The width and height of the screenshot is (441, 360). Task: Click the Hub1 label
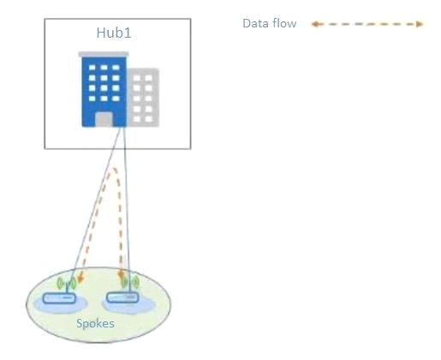(x=114, y=33)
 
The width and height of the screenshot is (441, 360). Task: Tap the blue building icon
(x=104, y=89)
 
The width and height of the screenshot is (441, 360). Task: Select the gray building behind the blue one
(x=143, y=97)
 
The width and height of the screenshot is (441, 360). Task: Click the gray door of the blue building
(x=104, y=119)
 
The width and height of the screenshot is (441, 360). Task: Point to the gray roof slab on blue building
(x=104, y=54)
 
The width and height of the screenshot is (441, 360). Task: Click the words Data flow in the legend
(x=270, y=23)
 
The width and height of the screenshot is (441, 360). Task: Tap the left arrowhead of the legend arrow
(x=315, y=24)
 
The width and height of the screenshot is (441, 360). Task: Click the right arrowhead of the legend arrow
(x=419, y=24)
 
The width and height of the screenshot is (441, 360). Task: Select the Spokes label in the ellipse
(x=95, y=323)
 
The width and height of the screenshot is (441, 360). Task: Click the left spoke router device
(x=59, y=298)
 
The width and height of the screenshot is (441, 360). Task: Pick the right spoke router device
(x=122, y=297)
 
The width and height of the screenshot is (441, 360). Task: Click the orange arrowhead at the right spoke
(x=121, y=275)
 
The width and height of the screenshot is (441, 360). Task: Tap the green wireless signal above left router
(x=67, y=284)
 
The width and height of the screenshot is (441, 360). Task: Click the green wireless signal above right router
(x=130, y=282)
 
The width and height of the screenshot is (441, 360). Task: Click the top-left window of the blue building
(x=92, y=68)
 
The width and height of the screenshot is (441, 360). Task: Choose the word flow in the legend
(x=284, y=23)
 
